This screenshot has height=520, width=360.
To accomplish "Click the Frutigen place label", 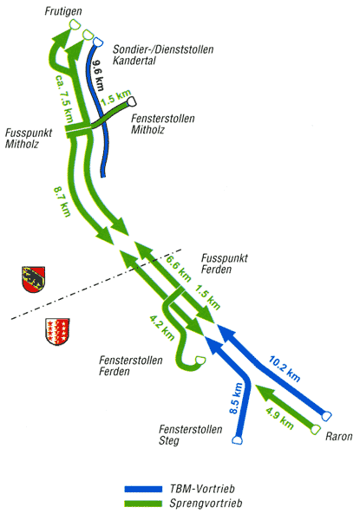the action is pyautogui.click(x=63, y=12).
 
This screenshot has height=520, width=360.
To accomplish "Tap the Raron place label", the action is pyautogui.click(x=339, y=436).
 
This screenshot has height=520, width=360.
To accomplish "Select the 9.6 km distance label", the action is pyautogui.click(x=97, y=75).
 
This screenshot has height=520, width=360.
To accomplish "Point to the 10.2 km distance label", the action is pyautogui.click(x=285, y=368).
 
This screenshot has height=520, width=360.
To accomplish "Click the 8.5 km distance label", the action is pyautogui.click(x=236, y=399).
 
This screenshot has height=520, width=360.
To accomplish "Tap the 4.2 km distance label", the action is pyautogui.click(x=161, y=328).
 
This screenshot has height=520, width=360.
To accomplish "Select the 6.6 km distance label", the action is pyautogui.click(x=179, y=269).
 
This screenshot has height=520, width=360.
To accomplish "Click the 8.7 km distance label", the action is pyautogui.click(x=62, y=202).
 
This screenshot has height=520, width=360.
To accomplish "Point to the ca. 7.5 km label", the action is pyautogui.click(x=63, y=98).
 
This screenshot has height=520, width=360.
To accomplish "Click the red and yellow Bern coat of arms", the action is pyautogui.click(x=33, y=279).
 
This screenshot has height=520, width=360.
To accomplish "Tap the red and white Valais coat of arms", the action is pyautogui.click(x=57, y=332).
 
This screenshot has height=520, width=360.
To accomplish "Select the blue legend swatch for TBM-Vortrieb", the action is pyautogui.click(x=143, y=489).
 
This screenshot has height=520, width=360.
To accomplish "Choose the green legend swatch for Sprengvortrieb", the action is pyautogui.click(x=143, y=504).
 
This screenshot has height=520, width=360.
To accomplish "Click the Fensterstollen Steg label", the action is pyautogui.click(x=191, y=435).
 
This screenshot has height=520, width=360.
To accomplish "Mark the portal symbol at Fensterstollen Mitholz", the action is pyautogui.click(x=133, y=101).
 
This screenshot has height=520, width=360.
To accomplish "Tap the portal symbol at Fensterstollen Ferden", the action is pyautogui.click(x=200, y=360).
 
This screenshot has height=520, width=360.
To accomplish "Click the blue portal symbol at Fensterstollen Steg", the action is pyautogui.click(x=237, y=439).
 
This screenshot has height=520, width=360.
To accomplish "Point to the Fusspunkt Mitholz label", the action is pyautogui.click(x=29, y=139).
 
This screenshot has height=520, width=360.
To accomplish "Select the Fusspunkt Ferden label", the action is pyautogui.click(x=225, y=263).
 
